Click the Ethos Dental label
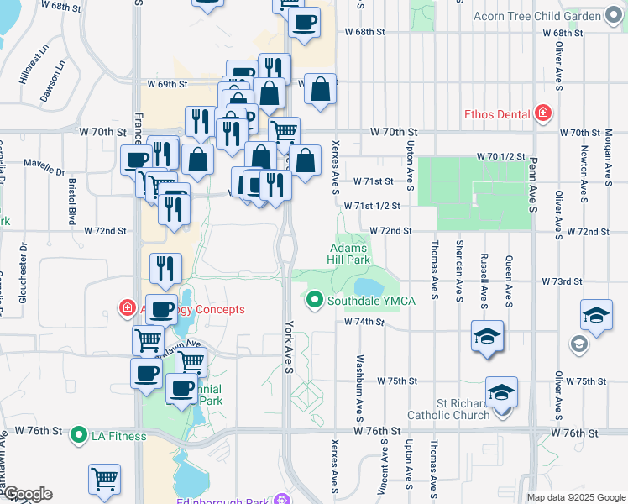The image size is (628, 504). [x=497, y=113]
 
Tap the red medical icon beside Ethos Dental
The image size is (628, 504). [x=543, y=113]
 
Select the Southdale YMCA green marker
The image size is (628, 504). [x=315, y=299]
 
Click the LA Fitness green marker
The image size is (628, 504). [x=79, y=435]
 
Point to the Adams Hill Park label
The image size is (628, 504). [x=350, y=255]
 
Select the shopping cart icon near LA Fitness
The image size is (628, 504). [x=105, y=479]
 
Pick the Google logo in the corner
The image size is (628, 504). [x=27, y=494]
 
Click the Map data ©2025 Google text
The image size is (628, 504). [x=576, y=497]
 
